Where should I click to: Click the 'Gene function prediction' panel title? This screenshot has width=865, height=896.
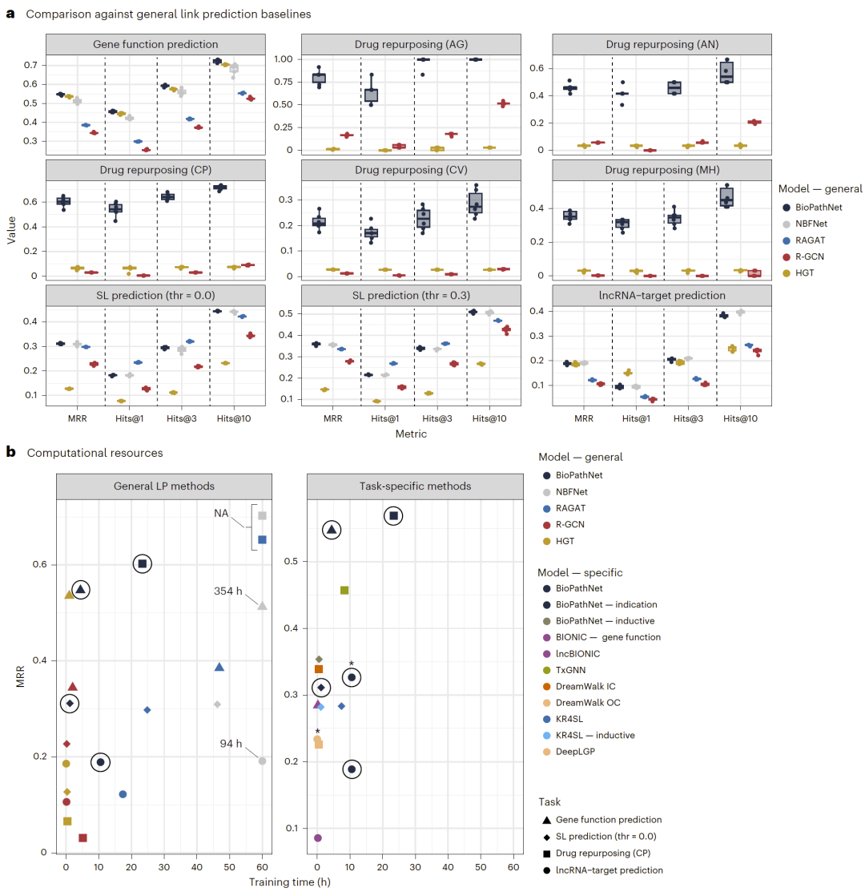pos(157,44)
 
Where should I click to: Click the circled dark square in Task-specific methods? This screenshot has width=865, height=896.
pos(392,516)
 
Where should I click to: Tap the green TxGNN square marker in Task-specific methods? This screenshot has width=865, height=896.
pos(344,591)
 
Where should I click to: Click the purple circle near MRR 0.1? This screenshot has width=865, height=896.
pos(318,838)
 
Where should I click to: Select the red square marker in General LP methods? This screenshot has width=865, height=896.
pos(82,838)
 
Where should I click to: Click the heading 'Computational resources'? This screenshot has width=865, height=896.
pos(95,453)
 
